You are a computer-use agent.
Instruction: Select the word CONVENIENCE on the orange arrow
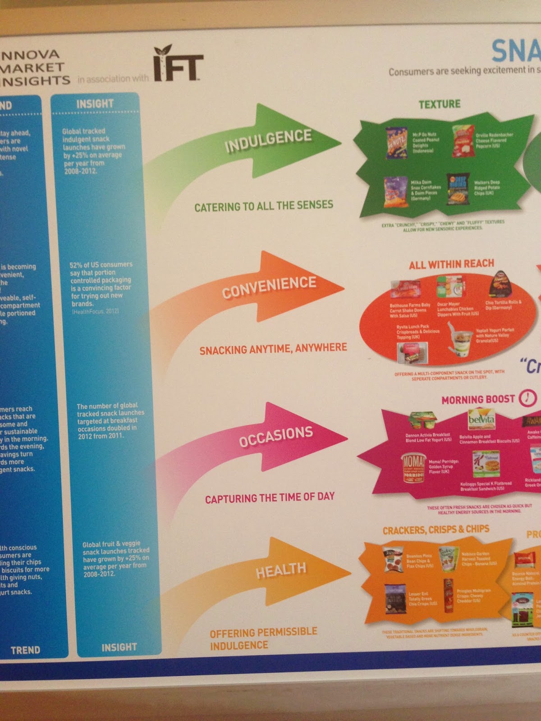tap(269, 287)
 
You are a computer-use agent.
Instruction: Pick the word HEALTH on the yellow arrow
tap(281, 570)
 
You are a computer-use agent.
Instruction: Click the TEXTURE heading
tap(440, 104)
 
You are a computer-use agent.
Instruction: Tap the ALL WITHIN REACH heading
tap(451, 264)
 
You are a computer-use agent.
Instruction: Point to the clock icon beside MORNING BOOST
tap(528, 397)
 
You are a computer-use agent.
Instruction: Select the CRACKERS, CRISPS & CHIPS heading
tap(436, 529)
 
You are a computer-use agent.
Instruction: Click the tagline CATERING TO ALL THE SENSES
tap(264, 206)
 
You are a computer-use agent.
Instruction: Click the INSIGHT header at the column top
tap(95, 104)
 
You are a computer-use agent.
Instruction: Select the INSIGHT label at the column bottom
tap(119, 648)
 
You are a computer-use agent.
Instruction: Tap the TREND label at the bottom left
tap(25, 650)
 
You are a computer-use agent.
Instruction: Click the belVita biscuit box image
tap(481, 420)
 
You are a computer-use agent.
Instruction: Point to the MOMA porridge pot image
tap(413, 468)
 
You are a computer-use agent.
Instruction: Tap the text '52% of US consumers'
tap(101, 265)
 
